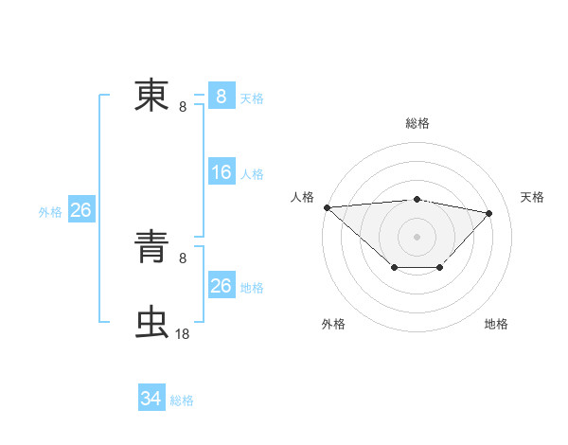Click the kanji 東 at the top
(151, 95)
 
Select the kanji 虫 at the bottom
(151, 323)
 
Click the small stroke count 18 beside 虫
(183, 333)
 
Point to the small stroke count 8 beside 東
(183, 106)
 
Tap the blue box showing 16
(222, 172)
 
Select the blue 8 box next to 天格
(222, 97)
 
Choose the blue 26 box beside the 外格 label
(81, 210)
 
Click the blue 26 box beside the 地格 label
(222, 286)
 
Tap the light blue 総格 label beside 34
(182, 400)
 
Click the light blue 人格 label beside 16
(252, 174)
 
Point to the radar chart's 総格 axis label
(417, 123)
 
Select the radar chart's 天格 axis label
(532, 197)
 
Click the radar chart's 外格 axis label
(333, 324)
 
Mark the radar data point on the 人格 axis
(327, 207)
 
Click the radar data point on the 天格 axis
(489, 213)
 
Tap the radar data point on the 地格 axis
(440, 269)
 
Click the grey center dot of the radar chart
(417, 236)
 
